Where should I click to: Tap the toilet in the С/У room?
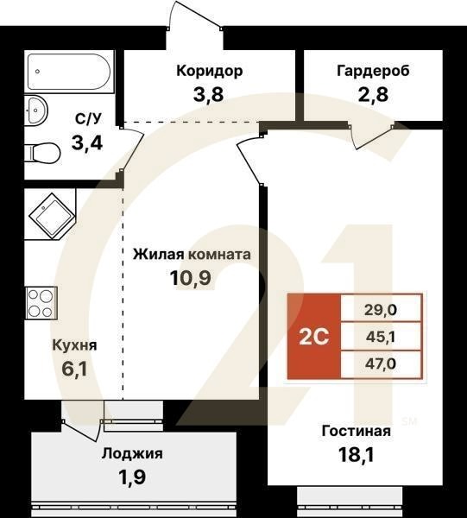(42, 154)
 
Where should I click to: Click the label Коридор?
(208, 71)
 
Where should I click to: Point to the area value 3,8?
(208, 95)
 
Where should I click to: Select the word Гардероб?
(373, 71)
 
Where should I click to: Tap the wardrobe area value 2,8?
(373, 95)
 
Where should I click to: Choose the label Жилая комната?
(192, 255)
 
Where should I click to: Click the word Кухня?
(74, 345)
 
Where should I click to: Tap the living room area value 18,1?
(357, 454)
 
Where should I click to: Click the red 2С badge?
(314, 336)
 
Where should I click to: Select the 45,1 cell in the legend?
(381, 336)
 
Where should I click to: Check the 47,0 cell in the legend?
(381, 363)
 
